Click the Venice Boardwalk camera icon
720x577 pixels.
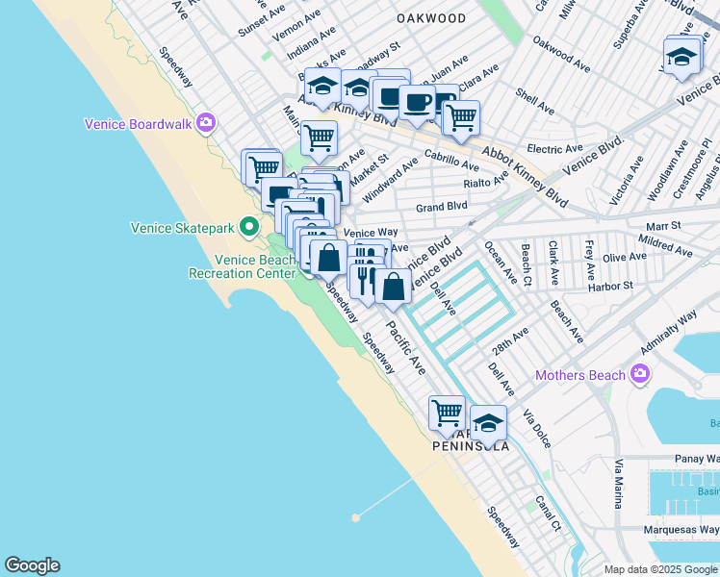tap(205, 123)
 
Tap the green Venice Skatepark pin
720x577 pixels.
tap(249, 228)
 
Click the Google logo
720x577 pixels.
tap(32, 565)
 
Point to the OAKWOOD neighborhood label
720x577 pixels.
tap(431, 18)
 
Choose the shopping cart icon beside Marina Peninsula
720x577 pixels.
tap(447, 413)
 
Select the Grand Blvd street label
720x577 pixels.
tap(442, 207)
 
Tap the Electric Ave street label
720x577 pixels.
tap(554, 149)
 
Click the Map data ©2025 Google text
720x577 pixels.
tap(658, 569)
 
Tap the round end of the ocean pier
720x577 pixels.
tap(356, 516)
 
